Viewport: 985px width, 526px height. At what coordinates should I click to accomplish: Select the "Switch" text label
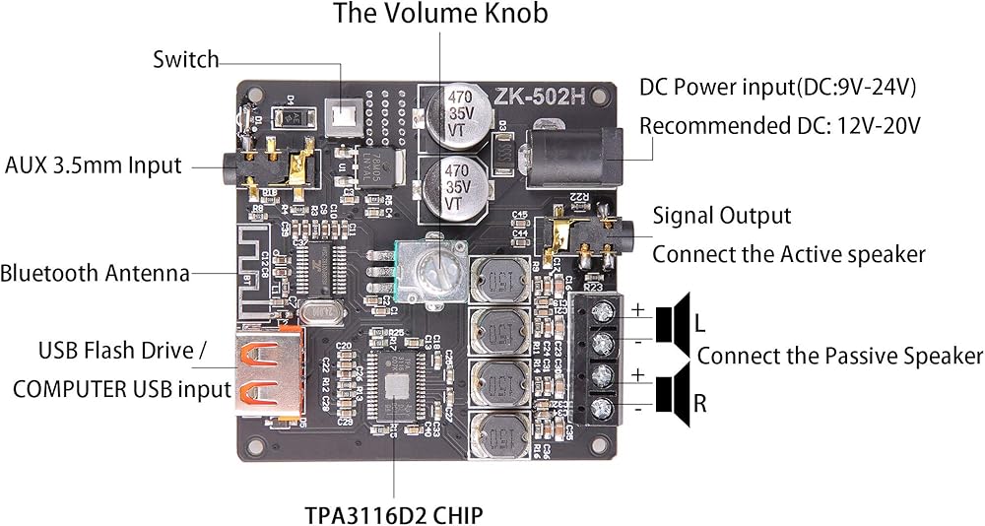pyautogui.click(x=185, y=59)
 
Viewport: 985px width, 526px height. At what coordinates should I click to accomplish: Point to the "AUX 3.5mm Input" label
pyautogui.click(x=94, y=164)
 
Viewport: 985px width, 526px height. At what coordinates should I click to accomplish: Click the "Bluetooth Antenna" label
pyautogui.click(x=95, y=273)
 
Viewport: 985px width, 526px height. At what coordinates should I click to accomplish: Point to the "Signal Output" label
pyautogui.click(x=722, y=216)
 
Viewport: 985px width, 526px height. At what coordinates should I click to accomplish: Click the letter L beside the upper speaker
pyautogui.click(x=700, y=323)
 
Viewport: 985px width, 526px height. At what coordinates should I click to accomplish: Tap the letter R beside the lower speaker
pyautogui.click(x=700, y=402)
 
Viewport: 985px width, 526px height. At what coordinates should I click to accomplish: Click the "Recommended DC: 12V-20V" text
pyautogui.click(x=780, y=126)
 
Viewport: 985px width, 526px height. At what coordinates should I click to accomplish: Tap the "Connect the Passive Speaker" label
pyautogui.click(x=840, y=356)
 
